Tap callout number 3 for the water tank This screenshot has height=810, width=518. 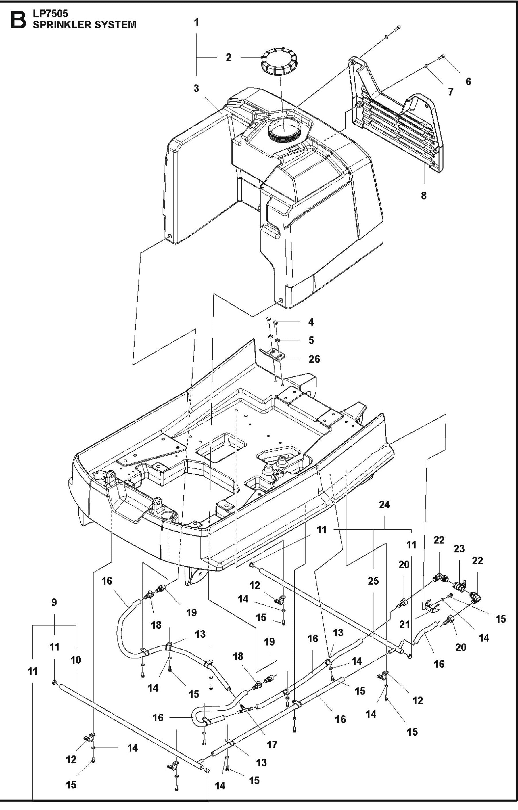click(x=196, y=89)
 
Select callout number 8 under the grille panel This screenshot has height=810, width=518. click(x=423, y=196)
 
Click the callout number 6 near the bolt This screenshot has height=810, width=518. click(x=468, y=81)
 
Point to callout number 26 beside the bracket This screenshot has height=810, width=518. click(x=314, y=359)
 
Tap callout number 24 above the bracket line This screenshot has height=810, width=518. click(x=384, y=505)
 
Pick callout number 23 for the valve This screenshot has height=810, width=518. click(x=459, y=549)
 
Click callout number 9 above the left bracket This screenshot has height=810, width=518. click(x=54, y=602)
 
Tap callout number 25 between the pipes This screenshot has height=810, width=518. click(x=373, y=581)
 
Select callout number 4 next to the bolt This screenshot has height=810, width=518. click(x=311, y=322)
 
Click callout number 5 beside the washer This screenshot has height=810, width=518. click(x=311, y=340)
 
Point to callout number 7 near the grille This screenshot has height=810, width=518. click(x=451, y=91)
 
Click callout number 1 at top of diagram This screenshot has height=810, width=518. click(x=196, y=22)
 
